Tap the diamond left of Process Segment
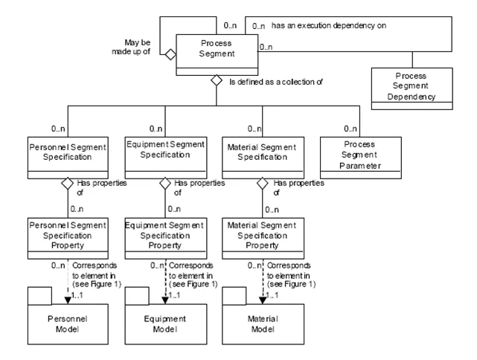pos(170,54)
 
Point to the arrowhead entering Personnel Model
pos(68,298)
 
